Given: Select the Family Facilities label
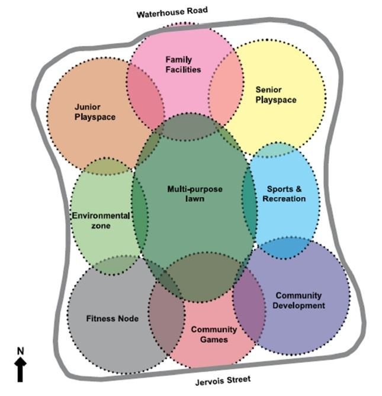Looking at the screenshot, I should tap(183, 65).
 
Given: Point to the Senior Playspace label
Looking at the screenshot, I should tap(275, 95).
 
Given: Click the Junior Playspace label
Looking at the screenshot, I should tap(95, 112).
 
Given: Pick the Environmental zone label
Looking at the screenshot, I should tap(101, 220).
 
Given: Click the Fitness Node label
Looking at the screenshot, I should tap(112, 318).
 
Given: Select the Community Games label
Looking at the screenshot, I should tap(214, 334).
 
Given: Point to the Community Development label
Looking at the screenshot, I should tap(300, 300).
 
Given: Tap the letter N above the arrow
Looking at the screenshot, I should tap(20, 351).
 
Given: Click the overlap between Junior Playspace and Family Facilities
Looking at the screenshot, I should tap(145, 95).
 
